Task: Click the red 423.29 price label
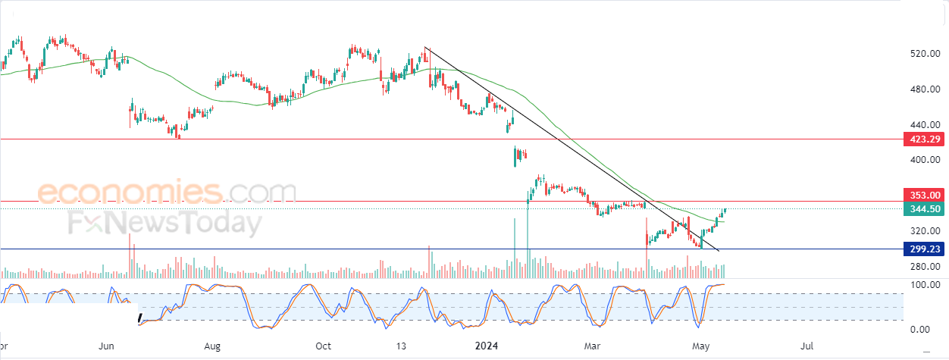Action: click(x=924, y=139)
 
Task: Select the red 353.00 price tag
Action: click(x=924, y=195)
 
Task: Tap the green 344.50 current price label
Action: click(x=924, y=209)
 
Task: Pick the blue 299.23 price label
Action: click(x=924, y=249)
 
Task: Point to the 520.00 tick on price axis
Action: click(x=925, y=53)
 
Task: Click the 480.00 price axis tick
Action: click(x=925, y=89)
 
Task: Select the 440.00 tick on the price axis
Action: click(x=925, y=124)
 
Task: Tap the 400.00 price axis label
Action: click(x=925, y=160)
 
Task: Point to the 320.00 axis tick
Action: click(x=925, y=231)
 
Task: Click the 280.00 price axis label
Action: click(x=925, y=267)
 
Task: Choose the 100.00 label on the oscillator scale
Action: click(x=925, y=285)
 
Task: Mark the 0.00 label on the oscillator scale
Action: click(x=919, y=330)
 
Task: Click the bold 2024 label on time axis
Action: click(x=487, y=346)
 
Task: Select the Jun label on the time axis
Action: click(x=106, y=346)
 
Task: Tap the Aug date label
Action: click(x=212, y=346)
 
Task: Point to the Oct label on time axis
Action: click(x=323, y=346)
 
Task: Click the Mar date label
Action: click(x=592, y=346)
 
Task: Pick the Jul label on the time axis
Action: click(x=806, y=346)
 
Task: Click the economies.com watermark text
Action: click(x=167, y=192)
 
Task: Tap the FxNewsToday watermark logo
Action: click(x=165, y=223)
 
